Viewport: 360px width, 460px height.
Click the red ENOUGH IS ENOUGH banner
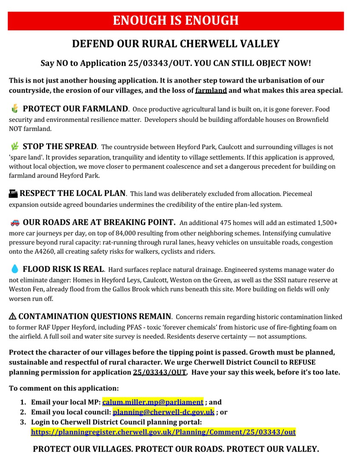coord(175,20)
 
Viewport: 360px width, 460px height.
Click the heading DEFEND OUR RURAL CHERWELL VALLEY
coord(175,44)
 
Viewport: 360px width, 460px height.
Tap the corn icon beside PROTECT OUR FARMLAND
coord(15,109)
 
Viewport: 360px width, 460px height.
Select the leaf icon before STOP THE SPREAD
coord(15,147)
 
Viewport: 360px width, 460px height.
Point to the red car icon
coord(14,222)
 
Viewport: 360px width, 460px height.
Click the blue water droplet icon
coord(14,269)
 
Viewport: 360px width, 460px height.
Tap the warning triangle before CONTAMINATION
coord(13,316)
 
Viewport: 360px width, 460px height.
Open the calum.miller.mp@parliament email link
coord(152,402)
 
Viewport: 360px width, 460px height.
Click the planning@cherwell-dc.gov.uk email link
coord(163,412)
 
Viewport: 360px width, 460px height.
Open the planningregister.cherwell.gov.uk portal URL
coord(163,432)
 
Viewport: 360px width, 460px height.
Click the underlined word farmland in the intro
coord(211,90)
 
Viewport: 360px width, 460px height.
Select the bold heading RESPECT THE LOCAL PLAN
coord(72,193)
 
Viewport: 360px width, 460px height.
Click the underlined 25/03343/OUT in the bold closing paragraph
coord(160,372)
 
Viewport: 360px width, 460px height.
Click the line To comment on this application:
coord(64,388)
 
